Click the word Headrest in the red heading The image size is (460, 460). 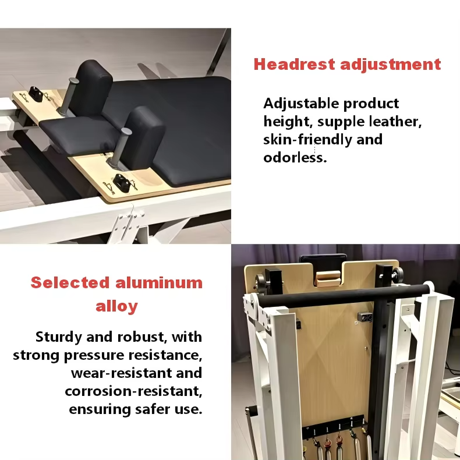tap(294, 64)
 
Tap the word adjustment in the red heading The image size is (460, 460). tap(391, 65)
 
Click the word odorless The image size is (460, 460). tap(295, 158)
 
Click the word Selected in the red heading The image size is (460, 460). tap(70, 283)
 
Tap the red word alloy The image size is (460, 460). tap(117, 307)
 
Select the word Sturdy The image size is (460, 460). tap(59, 337)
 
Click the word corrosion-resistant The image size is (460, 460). tap(133, 391)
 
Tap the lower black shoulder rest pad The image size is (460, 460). tap(143, 138)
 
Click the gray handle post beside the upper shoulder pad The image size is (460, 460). tap(68, 96)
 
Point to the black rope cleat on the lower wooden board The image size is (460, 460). tap(122, 183)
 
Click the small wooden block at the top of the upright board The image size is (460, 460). tap(328, 279)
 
